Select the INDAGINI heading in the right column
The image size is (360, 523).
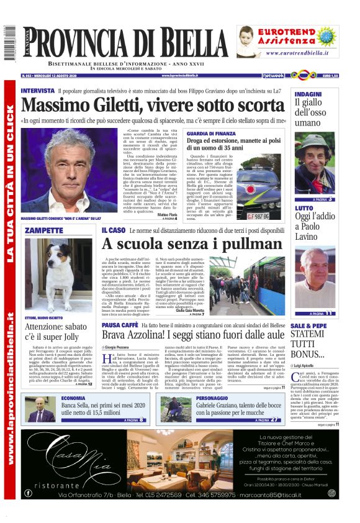click(x=308, y=94)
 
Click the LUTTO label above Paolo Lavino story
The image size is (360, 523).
click(x=304, y=209)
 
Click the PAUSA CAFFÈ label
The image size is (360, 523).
click(x=120, y=325)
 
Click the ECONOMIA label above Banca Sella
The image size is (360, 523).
click(x=73, y=398)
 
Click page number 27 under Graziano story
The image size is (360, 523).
click(x=274, y=420)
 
